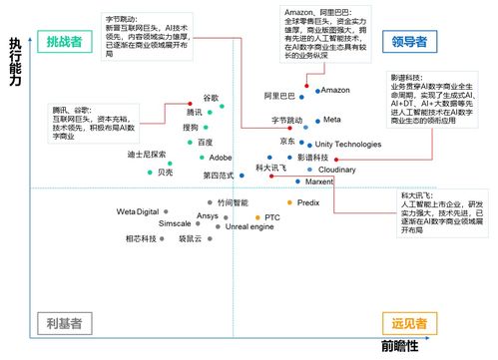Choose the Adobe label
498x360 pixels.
point(221,158)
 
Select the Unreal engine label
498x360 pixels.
point(249,227)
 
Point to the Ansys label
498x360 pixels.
point(208,215)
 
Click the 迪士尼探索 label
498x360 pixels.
point(119,155)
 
